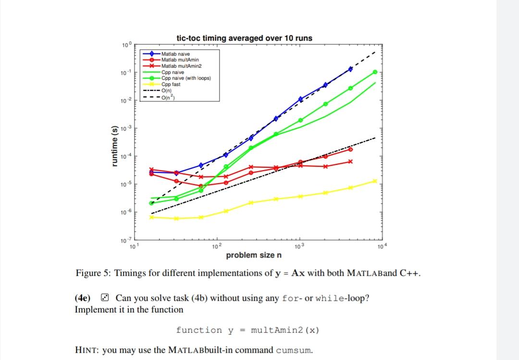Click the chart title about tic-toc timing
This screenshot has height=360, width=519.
[244, 38]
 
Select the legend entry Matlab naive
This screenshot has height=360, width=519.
[175, 54]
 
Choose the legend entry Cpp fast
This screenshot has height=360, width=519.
[171, 84]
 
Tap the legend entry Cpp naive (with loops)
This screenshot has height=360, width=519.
[186, 78]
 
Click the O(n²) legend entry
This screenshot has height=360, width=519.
[169, 97]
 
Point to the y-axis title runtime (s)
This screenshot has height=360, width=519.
[114, 145]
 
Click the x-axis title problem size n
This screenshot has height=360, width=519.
[254, 255]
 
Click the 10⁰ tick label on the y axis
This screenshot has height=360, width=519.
[126, 45]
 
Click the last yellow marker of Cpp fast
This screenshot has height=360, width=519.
[375, 181]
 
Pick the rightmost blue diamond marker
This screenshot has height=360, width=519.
[350, 69]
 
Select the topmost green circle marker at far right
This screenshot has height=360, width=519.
[375, 72]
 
